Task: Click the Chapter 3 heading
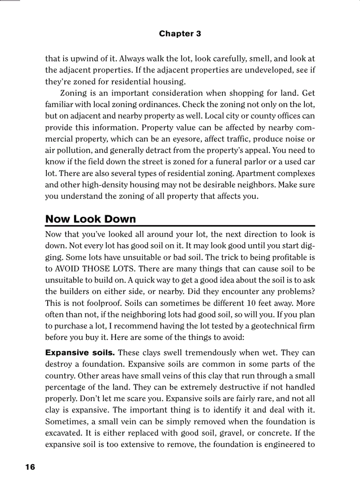(180, 33)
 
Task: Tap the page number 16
(30, 467)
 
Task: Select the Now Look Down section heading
(90, 219)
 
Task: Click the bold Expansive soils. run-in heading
(80, 353)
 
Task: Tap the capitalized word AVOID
(68, 269)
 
